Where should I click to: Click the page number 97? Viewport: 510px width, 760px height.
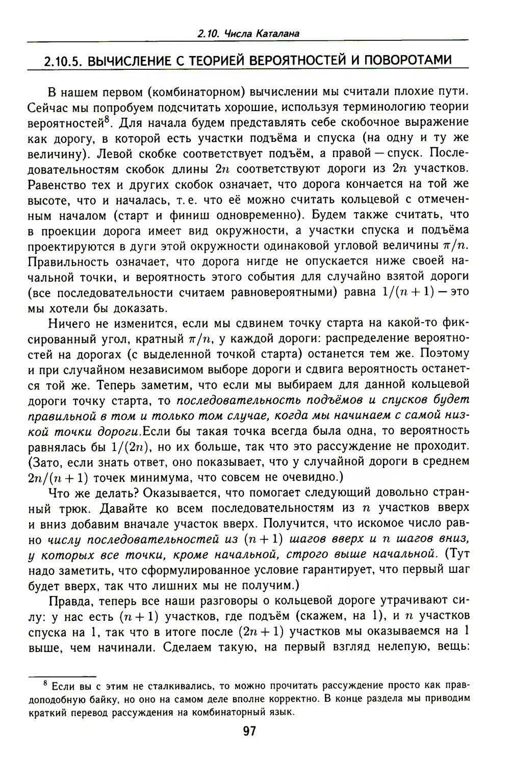249,732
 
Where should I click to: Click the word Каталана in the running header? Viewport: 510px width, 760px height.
276,34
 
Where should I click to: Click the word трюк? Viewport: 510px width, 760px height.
78,509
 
